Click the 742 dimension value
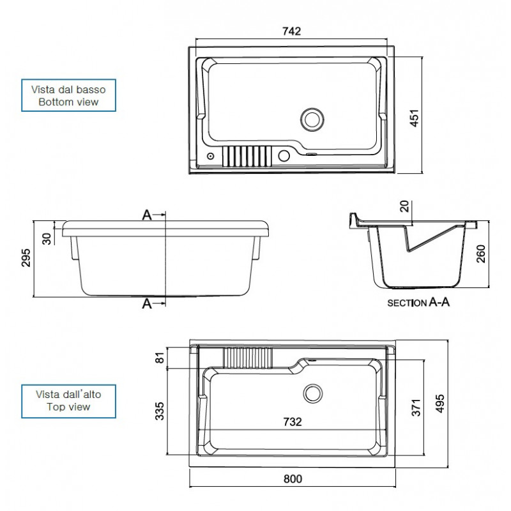click(x=292, y=31)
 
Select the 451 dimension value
click(x=414, y=118)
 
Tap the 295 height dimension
click(x=26, y=258)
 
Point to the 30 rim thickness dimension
click(x=47, y=238)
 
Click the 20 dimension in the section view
click(x=404, y=206)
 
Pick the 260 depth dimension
click(x=481, y=254)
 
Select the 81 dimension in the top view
click(x=160, y=358)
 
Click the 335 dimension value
click(x=159, y=411)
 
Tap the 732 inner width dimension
click(x=293, y=422)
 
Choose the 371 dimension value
click(x=416, y=408)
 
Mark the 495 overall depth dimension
click(x=439, y=404)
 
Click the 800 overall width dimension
click(x=293, y=478)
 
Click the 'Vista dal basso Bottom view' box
click(x=68, y=95)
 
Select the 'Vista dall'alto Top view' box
click(x=68, y=401)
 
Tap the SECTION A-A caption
click(x=418, y=302)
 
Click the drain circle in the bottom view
click(x=312, y=119)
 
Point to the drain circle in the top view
click(x=313, y=393)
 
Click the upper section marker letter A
click(x=147, y=215)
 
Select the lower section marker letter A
click(x=147, y=304)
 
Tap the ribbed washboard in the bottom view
click(x=247, y=156)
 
